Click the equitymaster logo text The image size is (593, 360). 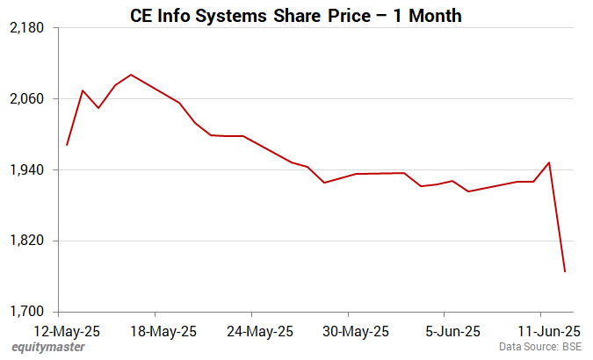[48, 348]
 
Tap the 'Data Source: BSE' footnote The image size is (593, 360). [540, 348]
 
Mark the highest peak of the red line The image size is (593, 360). [131, 75]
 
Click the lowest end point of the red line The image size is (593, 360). [565, 271]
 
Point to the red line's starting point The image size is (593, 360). [67, 145]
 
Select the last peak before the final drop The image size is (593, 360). [549, 162]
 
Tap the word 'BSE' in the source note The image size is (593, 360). [571, 348]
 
